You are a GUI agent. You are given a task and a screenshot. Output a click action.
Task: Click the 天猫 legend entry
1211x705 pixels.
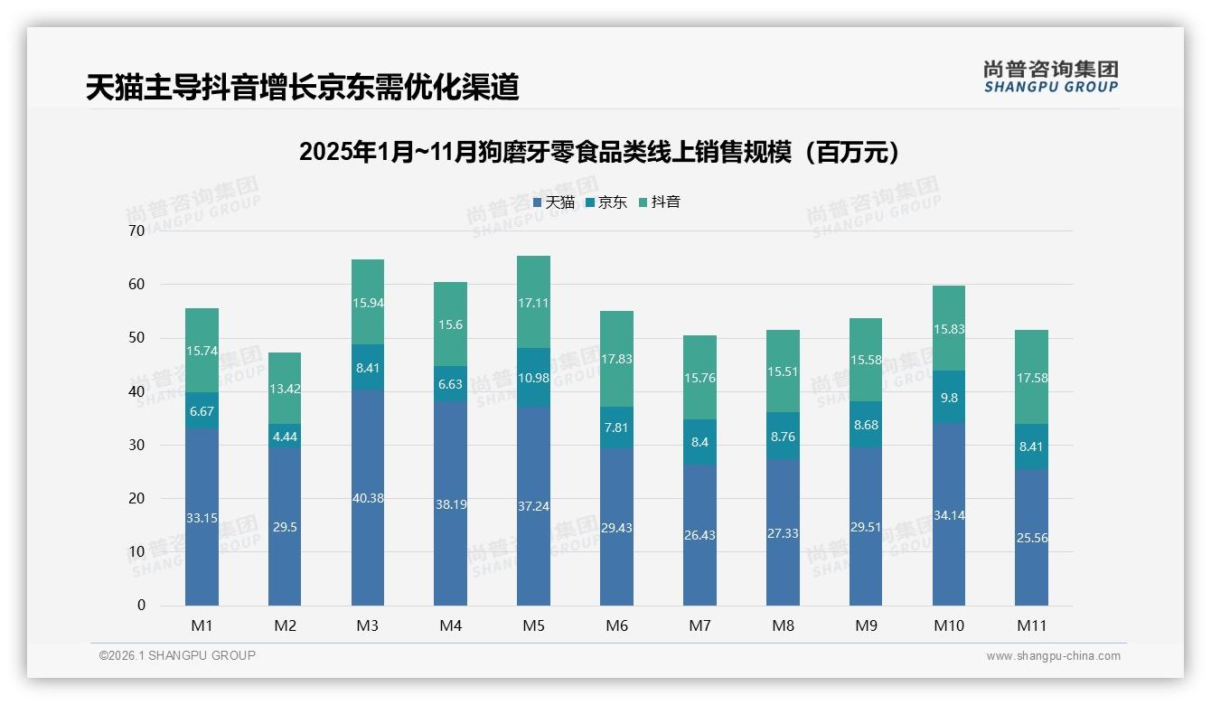point(554,202)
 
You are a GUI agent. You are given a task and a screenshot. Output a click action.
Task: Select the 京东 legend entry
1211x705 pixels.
point(606,202)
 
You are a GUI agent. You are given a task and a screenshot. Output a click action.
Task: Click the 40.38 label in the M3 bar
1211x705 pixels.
point(368,498)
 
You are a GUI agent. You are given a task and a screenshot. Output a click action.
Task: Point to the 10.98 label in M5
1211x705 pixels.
point(533,378)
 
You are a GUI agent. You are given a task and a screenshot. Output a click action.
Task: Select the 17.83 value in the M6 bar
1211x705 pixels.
point(616,359)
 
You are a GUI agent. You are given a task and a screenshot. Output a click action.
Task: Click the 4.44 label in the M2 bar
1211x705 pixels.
point(285,437)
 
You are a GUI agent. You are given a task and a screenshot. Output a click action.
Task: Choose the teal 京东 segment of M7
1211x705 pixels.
point(699,442)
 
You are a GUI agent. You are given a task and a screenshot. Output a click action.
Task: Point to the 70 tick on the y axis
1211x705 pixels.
point(136,230)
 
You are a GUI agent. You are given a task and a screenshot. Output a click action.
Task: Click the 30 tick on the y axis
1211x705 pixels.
point(136,445)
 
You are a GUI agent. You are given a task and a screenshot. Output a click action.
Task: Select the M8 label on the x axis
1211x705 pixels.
point(783,625)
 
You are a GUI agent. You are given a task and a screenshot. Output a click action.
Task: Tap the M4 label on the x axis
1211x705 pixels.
point(450,625)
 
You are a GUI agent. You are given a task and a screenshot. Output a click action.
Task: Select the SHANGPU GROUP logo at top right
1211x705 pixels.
point(1050,77)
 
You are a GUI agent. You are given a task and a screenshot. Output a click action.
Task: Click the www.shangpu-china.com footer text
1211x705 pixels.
point(1053,656)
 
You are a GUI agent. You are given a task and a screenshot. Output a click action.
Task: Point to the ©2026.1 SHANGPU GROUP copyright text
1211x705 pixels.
point(177,655)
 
